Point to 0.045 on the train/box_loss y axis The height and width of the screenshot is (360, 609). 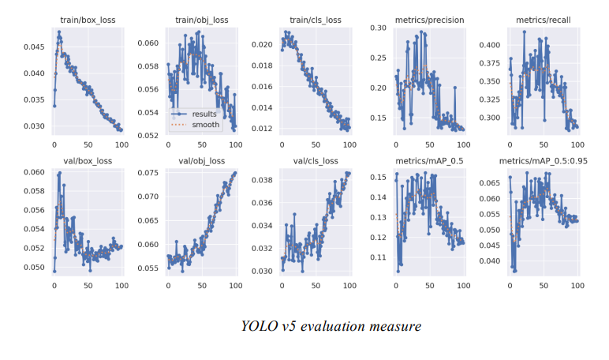coord(33,47)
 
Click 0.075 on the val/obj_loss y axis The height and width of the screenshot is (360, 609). coord(148,173)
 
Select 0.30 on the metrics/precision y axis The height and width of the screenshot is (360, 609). coord(378,28)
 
